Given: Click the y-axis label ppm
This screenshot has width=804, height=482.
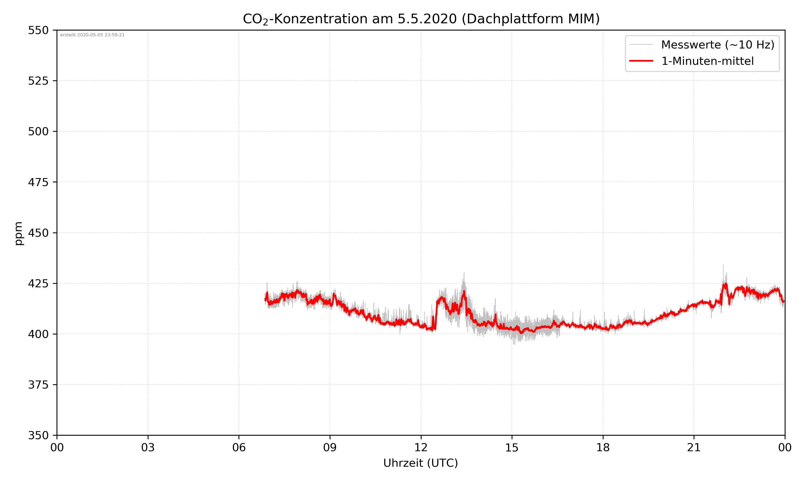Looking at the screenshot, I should click(x=19, y=233).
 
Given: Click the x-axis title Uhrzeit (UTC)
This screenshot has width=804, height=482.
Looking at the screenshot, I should click(x=420, y=463).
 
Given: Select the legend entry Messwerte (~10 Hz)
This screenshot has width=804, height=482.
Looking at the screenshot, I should click(x=717, y=44).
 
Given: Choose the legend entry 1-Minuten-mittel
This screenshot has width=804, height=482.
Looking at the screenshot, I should click(x=707, y=61).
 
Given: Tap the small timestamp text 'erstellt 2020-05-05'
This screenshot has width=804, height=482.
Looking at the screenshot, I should click(x=92, y=35).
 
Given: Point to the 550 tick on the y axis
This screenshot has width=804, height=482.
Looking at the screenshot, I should click(x=38, y=30).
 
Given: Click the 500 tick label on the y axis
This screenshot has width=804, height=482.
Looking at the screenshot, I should click(x=38, y=131).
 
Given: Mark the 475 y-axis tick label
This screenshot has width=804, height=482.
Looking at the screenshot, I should click(x=38, y=182).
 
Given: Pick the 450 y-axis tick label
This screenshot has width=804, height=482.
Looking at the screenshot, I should click(x=38, y=233).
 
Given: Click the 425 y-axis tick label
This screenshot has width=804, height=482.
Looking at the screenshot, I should click(x=38, y=284).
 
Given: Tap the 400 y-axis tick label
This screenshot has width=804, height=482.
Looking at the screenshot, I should click(x=38, y=334).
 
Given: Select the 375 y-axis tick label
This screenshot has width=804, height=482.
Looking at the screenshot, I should click(x=38, y=385).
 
